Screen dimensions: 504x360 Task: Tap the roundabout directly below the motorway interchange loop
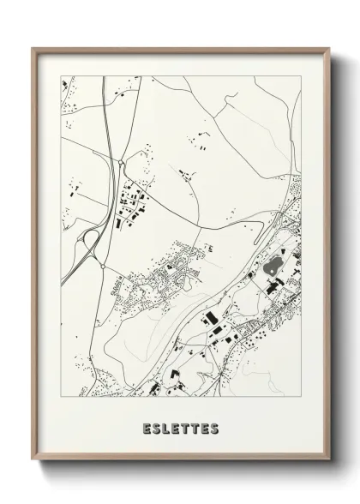(104, 267)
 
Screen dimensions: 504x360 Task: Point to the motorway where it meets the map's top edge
(104, 78)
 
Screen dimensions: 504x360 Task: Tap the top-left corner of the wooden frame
(33, 47)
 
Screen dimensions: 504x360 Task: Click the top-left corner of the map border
(60, 76)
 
